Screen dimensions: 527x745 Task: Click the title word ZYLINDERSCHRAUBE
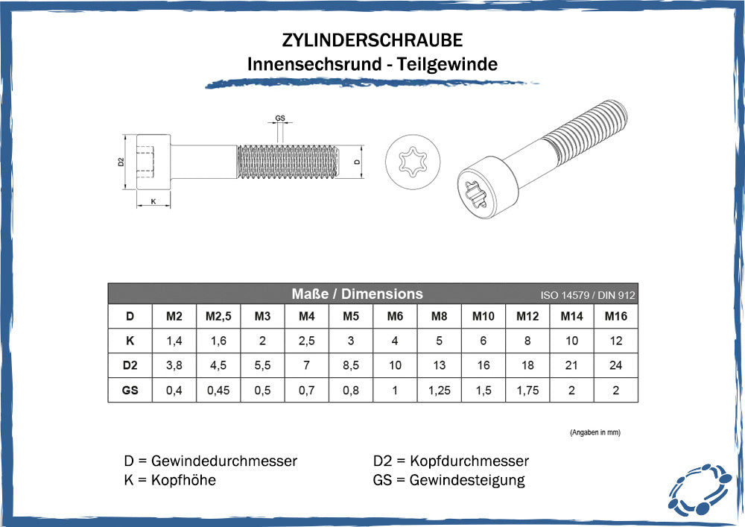372,40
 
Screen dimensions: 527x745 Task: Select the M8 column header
440,317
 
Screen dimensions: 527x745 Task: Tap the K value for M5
351,341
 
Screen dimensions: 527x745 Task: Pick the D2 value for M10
484,366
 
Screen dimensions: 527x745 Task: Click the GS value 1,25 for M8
440,390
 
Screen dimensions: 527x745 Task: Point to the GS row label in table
130,390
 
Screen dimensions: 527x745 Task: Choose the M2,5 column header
218,317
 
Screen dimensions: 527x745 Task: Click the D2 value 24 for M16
615,366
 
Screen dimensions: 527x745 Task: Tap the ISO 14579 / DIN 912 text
588,295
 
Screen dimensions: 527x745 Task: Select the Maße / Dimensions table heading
357,294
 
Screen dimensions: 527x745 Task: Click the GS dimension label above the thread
280,119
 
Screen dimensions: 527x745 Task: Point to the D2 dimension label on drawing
121,162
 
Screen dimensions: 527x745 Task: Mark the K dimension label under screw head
153,201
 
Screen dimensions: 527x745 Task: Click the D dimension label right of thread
357,161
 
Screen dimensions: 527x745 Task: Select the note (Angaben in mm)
595,432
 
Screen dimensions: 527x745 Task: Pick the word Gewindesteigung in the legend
467,480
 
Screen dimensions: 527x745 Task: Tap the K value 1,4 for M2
174,341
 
